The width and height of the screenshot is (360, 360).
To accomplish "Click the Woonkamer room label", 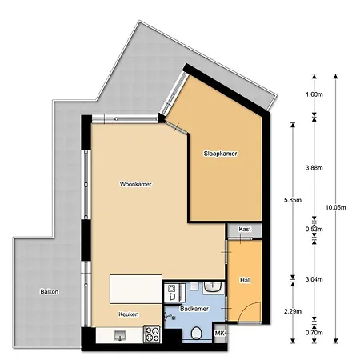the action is click(x=136, y=184).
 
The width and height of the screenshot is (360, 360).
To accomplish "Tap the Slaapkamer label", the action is click(x=220, y=154).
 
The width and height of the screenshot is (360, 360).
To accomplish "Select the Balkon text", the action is click(x=50, y=291).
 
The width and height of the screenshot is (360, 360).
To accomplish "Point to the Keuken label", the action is click(x=129, y=314).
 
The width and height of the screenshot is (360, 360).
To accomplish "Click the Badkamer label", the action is click(x=194, y=309).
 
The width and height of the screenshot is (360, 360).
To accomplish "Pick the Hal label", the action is click(x=245, y=280).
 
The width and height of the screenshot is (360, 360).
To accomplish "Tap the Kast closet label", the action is click(x=245, y=229).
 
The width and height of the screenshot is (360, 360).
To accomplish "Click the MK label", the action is click(x=219, y=334).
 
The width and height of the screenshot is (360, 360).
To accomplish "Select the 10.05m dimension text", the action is click(x=336, y=207).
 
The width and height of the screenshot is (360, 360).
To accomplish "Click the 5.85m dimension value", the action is click(x=293, y=200).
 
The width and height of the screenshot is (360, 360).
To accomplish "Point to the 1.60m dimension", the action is click(x=314, y=94).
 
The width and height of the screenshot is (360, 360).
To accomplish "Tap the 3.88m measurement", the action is click(x=314, y=168).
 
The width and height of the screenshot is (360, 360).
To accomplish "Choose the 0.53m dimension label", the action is click(x=314, y=230).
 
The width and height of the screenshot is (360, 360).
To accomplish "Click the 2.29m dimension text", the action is click(x=293, y=311).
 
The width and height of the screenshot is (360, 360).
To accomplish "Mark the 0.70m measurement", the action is click(x=314, y=333).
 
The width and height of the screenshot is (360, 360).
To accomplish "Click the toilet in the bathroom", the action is click(x=197, y=334).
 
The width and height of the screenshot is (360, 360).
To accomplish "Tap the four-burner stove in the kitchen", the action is click(x=152, y=334).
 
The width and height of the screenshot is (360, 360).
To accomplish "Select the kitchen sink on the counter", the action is click(x=120, y=335).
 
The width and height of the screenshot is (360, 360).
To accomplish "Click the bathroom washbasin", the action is click(x=212, y=287).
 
